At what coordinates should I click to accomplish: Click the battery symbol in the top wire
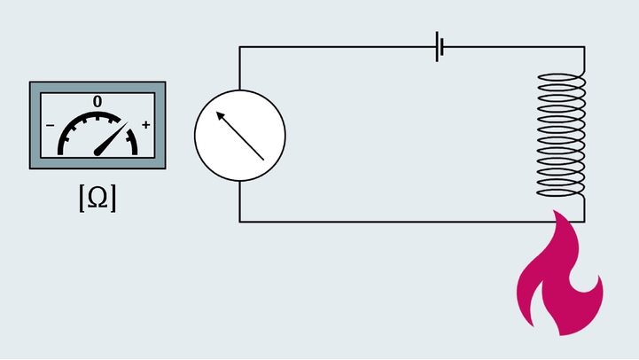[x=439, y=47]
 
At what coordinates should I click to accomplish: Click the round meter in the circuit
[x=240, y=136]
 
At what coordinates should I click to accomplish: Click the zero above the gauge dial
[x=97, y=102]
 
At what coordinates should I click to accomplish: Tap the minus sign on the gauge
[x=50, y=125]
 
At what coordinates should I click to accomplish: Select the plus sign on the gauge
[x=145, y=125]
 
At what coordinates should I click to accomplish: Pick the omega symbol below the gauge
[x=97, y=200]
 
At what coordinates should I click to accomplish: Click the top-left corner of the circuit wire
[x=240, y=47]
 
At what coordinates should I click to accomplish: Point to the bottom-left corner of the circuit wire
[x=240, y=221]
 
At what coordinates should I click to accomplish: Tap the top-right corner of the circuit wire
[x=584, y=47]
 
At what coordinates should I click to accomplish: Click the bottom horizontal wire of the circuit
[x=399, y=221]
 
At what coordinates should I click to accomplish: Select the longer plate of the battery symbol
[x=436, y=47]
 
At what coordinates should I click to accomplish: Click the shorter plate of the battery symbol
[x=442, y=47]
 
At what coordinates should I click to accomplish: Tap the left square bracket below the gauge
[x=82, y=200]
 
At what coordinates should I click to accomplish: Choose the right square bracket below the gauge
[x=113, y=200]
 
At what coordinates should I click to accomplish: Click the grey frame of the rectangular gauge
[x=35, y=125]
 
